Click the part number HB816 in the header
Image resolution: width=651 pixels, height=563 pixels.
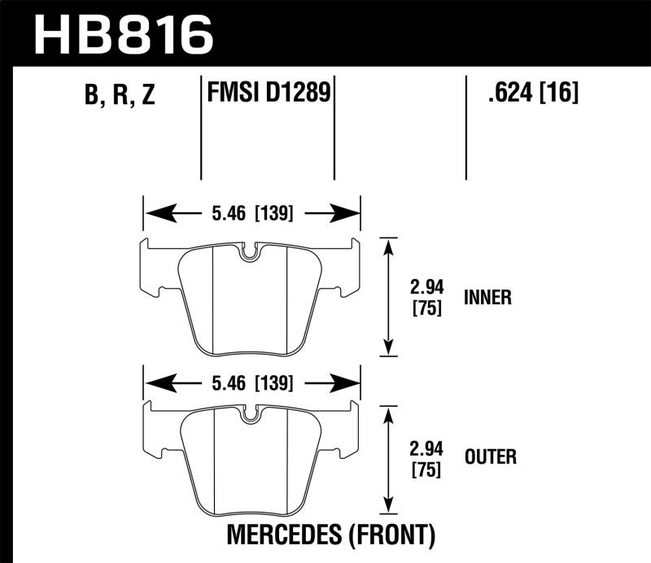click(x=122, y=34)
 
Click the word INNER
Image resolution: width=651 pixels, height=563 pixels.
click(x=487, y=297)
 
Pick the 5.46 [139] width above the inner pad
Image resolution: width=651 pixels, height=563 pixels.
click(x=251, y=215)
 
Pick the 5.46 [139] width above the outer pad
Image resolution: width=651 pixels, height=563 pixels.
click(x=251, y=381)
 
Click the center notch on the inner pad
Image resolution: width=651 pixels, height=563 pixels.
click(x=250, y=254)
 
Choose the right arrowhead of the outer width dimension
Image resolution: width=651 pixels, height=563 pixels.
click(x=352, y=381)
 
